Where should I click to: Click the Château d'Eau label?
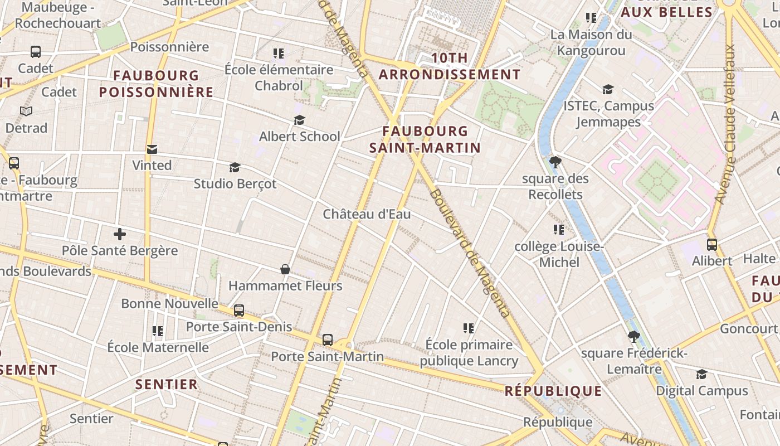click(x=367, y=214)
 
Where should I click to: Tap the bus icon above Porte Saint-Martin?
click(x=328, y=340)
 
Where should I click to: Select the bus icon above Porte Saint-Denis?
click(x=239, y=311)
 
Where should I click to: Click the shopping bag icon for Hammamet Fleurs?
click(x=285, y=270)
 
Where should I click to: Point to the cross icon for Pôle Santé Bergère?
click(x=119, y=234)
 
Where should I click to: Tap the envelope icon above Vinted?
click(x=152, y=149)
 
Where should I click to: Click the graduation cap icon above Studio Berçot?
click(x=235, y=167)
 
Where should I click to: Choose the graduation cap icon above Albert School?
click(x=299, y=120)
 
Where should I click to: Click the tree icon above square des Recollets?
click(x=555, y=162)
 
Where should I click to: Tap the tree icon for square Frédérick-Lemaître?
click(x=633, y=337)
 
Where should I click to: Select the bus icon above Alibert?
click(x=711, y=244)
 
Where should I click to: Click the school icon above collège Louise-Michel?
click(x=559, y=230)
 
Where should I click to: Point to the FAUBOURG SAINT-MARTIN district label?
click(x=425, y=139)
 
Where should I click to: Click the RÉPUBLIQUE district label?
click(x=553, y=391)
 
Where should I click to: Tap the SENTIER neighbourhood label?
click(x=167, y=384)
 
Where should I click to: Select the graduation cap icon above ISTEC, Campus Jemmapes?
click(x=608, y=89)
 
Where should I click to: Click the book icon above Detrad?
click(x=26, y=111)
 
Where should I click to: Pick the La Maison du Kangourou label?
click(x=591, y=42)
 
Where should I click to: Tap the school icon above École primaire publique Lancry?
click(x=469, y=328)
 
